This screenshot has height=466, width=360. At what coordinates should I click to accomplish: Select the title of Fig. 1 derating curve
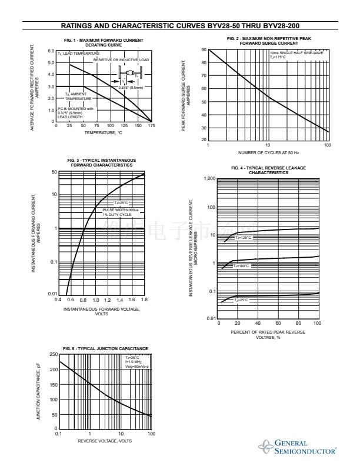tap(103, 42)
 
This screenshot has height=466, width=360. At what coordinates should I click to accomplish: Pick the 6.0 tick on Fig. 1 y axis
tap(51, 51)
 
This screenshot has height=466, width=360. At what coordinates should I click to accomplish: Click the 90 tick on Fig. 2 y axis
tap(204, 50)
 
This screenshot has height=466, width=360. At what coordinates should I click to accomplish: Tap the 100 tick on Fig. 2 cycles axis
tap(327, 145)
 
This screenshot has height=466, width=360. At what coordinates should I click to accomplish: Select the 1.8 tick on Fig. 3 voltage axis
tap(144, 300)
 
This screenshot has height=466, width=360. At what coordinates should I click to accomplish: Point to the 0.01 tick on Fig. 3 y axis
tap(52, 294)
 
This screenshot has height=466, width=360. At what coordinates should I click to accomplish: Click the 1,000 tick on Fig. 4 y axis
tap(209, 178)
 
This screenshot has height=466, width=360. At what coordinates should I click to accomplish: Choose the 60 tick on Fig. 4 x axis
tap(278, 323)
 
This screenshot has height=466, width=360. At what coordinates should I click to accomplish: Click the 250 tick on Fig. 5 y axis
tap(53, 354)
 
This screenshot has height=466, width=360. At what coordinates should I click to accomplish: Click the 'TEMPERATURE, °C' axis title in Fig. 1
tap(103, 133)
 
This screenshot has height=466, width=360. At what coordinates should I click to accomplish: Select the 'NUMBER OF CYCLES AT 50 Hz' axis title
tap(268, 153)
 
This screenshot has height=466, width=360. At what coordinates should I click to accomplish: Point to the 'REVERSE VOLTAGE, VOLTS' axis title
tap(105, 441)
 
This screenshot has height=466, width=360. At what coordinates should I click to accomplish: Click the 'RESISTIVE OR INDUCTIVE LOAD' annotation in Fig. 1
tap(122, 60)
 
